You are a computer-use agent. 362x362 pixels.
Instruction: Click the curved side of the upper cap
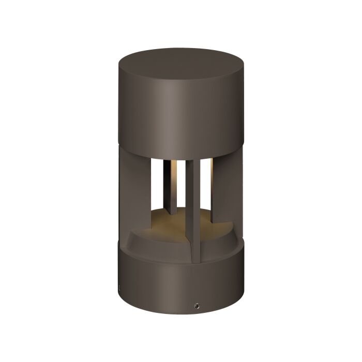point(181,114)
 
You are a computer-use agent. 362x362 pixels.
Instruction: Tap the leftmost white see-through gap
point(158,181)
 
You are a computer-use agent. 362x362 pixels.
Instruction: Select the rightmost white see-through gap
point(208,178)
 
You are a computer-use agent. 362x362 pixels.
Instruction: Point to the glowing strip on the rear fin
point(175,181)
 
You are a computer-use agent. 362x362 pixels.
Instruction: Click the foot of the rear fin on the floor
point(171,212)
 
